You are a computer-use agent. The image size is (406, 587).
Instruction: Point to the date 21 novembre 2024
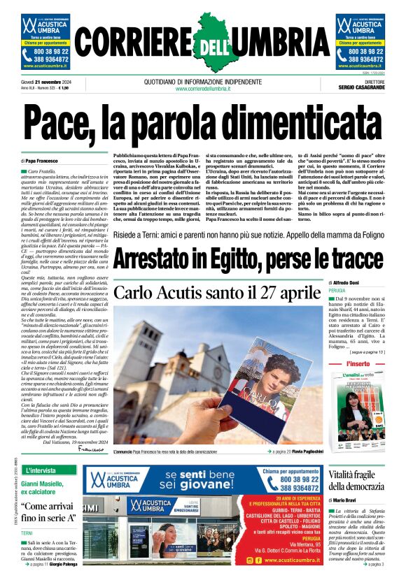pyautogui.click(x=51, y=81)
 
